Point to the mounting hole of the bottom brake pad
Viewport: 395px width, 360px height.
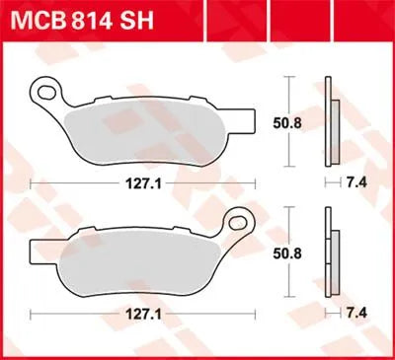coord(238,219)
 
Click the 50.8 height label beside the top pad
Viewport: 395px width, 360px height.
coord(284,122)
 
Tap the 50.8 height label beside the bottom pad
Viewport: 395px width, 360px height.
coord(284,252)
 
